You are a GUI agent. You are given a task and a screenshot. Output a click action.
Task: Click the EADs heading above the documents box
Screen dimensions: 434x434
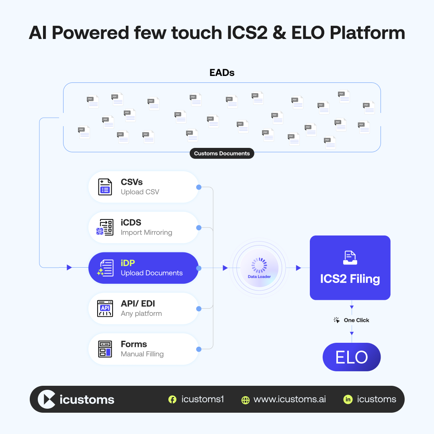click(x=222, y=73)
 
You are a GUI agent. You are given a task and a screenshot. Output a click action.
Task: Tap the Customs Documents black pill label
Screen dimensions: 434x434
click(x=222, y=154)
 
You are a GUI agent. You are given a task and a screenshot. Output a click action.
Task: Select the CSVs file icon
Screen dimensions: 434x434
click(x=105, y=187)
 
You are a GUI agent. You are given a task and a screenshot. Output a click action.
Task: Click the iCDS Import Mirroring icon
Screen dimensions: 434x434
click(x=105, y=227)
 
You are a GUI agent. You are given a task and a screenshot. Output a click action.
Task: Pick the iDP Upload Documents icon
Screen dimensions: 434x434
click(x=105, y=268)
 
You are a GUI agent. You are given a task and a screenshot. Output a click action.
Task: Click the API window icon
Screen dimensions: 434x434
click(x=105, y=308)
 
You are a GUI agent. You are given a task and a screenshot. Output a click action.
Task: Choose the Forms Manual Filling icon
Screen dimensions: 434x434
click(x=105, y=349)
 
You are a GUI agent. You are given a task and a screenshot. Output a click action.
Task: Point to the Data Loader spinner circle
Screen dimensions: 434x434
click(x=259, y=266)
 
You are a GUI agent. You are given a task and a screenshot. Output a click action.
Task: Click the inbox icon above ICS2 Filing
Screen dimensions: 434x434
click(x=350, y=258)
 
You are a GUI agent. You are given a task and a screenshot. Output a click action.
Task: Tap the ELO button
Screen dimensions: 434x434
click(x=352, y=357)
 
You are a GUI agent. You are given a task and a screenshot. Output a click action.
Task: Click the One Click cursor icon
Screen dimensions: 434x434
click(x=337, y=320)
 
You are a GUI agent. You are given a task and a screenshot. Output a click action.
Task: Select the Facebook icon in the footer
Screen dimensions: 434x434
click(x=172, y=399)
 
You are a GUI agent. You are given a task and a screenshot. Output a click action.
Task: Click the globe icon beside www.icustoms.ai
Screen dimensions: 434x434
click(x=246, y=400)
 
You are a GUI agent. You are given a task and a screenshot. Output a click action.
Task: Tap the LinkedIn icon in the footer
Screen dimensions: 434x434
click(x=348, y=399)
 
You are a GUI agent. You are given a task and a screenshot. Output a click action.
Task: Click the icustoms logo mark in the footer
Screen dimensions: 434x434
click(x=47, y=399)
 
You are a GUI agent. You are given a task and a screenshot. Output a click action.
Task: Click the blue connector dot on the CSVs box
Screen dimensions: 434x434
click(x=199, y=187)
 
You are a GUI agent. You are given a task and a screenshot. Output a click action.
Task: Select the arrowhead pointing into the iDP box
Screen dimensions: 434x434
click(x=70, y=268)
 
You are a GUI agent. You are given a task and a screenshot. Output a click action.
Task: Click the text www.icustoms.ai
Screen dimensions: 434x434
click(x=290, y=399)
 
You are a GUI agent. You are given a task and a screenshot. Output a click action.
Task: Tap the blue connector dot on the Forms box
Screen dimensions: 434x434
click(x=199, y=349)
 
